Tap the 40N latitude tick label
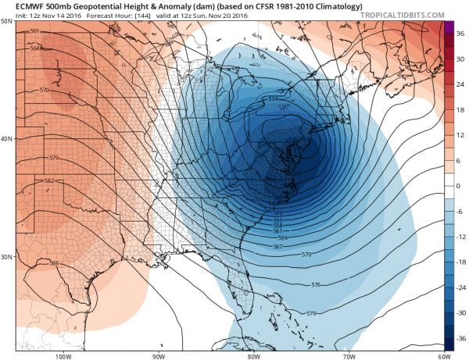coord(7,139)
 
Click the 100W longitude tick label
coord(63,356)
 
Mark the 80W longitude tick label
coord(252,356)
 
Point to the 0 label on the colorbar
coord(458,186)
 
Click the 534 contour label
coord(273,98)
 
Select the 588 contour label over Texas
coord(54,262)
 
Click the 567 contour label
coord(277,247)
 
